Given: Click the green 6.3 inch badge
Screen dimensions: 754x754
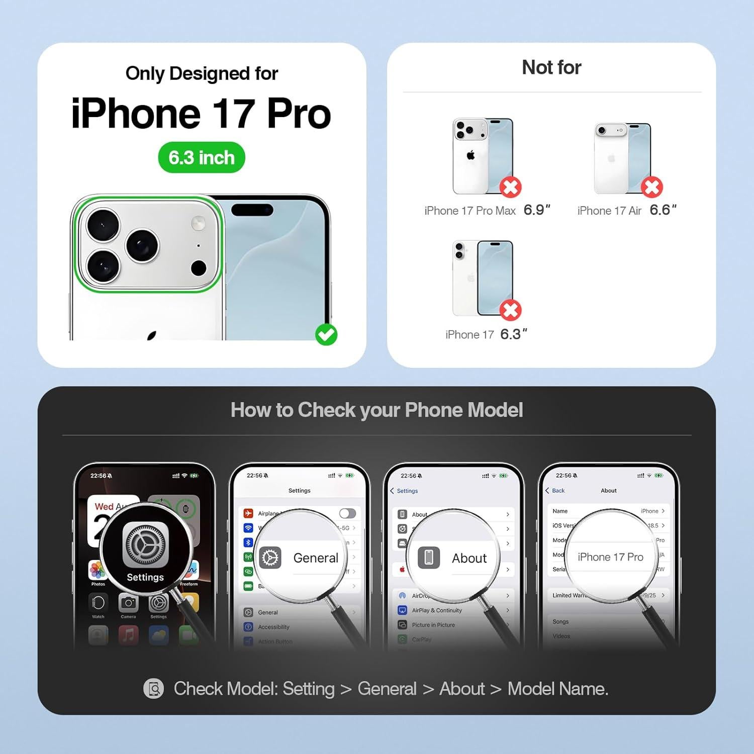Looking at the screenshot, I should (x=202, y=158).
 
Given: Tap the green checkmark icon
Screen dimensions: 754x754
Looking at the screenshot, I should (x=326, y=334).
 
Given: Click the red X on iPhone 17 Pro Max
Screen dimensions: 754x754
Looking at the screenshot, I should (x=510, y=187).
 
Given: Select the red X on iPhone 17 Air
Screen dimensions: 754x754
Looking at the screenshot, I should (x=652, y=187).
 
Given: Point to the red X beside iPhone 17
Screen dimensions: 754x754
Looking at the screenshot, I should (x=510, y=310).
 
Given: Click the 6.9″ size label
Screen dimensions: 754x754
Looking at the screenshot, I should (x=537, y=210).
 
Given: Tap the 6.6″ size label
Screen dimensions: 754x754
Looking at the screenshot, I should (x=663, y=210).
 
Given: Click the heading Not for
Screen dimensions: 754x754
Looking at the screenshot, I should (x=551, y=67).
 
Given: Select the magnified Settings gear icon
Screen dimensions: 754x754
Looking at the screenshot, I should (x=146, y=544).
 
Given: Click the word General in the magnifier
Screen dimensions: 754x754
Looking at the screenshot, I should (x=316, y=558).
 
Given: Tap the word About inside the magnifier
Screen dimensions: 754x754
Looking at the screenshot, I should (x=469, y=558).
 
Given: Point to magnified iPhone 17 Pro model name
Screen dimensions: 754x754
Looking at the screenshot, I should (x=610, y=557).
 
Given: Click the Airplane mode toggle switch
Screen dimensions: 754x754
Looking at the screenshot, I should (x=347, y=513).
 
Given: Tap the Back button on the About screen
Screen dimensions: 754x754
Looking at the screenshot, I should (x=555, y=491).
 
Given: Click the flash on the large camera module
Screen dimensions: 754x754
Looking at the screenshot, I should (x=198, y=223).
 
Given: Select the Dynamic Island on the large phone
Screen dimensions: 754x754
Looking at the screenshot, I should (x=252, y=209).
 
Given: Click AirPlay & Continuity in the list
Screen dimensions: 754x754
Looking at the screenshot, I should (x=437, y=610).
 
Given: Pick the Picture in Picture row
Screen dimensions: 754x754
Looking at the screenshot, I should (x=433, y=625).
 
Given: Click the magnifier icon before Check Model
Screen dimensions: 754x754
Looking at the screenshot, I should (x=153, y=689).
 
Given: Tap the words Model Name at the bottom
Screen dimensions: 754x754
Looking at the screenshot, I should (x=557, y=689).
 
